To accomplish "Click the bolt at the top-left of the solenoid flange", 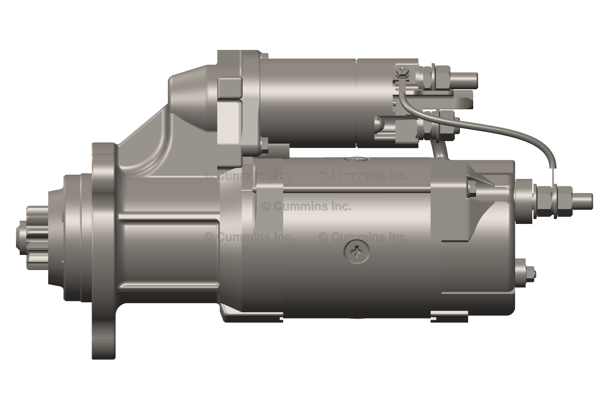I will [264, 56].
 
